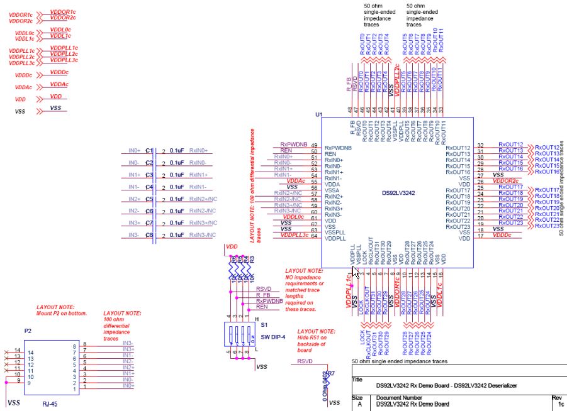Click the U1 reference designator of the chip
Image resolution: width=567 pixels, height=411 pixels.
[318, 116]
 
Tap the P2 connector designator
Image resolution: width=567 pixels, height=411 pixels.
[28, 330]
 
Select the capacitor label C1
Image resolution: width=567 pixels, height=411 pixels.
[149, 151]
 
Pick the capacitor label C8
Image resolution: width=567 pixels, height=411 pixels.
[149, 235]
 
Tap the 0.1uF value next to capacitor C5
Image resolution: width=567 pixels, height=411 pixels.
[177, 199]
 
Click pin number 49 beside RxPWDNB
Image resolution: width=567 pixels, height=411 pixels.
[314, 146]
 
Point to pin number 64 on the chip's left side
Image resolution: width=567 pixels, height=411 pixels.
[314, 236]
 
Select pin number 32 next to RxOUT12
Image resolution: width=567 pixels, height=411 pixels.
[481, 146]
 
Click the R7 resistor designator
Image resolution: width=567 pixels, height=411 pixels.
[331, 374]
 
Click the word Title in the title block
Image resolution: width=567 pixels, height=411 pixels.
[358, 380]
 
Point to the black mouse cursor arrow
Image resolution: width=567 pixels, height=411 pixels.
[356, 272]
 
